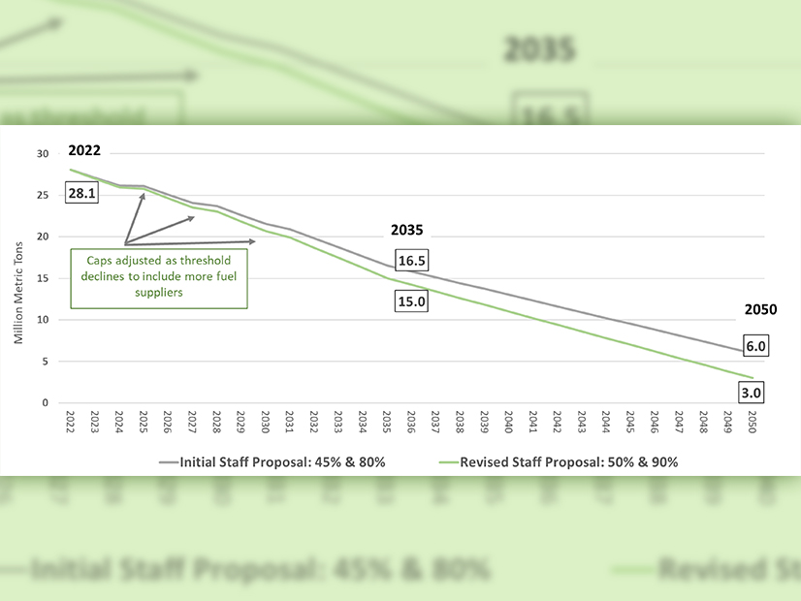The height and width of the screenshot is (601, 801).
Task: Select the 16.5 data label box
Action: tap(411, 261)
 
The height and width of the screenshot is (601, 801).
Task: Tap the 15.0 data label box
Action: tap(411, 301)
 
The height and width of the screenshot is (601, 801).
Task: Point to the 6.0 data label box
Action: tap(755, 346)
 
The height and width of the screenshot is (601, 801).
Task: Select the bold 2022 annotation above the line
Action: tap(83, 151)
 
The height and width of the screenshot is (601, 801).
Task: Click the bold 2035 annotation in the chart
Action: tap(407, 232)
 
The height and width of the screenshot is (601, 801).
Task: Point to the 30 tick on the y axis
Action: tap(40, 154)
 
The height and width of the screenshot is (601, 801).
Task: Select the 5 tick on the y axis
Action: tap(44, 362)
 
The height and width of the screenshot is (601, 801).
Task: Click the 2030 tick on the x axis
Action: tap(265, 423)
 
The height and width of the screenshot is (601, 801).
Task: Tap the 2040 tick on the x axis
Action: tap(508, 423)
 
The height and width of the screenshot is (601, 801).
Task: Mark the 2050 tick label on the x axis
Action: tap(752, 423)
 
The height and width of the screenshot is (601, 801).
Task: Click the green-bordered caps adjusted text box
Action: tap(159, 277)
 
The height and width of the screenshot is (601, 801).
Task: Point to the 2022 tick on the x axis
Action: tap(70, 423)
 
